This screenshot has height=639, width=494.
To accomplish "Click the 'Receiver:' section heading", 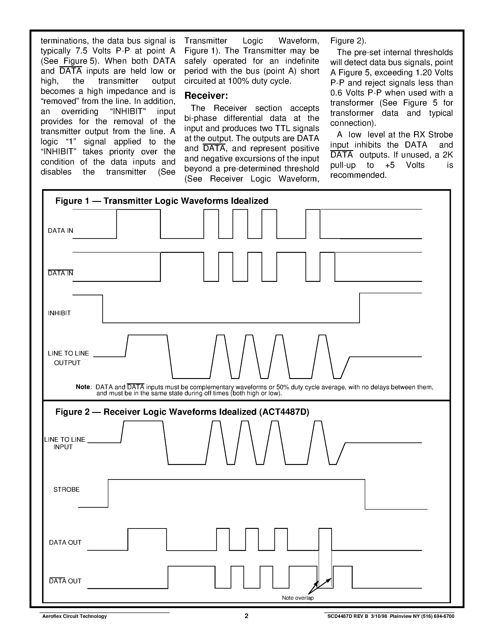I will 206,96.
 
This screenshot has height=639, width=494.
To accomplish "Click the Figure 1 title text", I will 162,201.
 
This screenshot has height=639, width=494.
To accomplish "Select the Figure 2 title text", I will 182,412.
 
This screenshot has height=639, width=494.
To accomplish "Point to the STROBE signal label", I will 66,490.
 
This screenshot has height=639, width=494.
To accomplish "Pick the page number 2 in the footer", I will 246,616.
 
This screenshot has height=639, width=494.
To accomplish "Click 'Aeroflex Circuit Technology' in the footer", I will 75,616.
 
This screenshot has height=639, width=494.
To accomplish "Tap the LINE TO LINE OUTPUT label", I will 68,358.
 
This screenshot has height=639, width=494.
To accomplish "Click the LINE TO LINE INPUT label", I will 65,443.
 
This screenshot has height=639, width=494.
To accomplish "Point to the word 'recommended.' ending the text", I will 358,175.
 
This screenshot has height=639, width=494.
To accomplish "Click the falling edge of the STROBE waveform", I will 365,494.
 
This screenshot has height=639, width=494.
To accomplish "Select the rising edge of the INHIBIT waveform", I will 359,308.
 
